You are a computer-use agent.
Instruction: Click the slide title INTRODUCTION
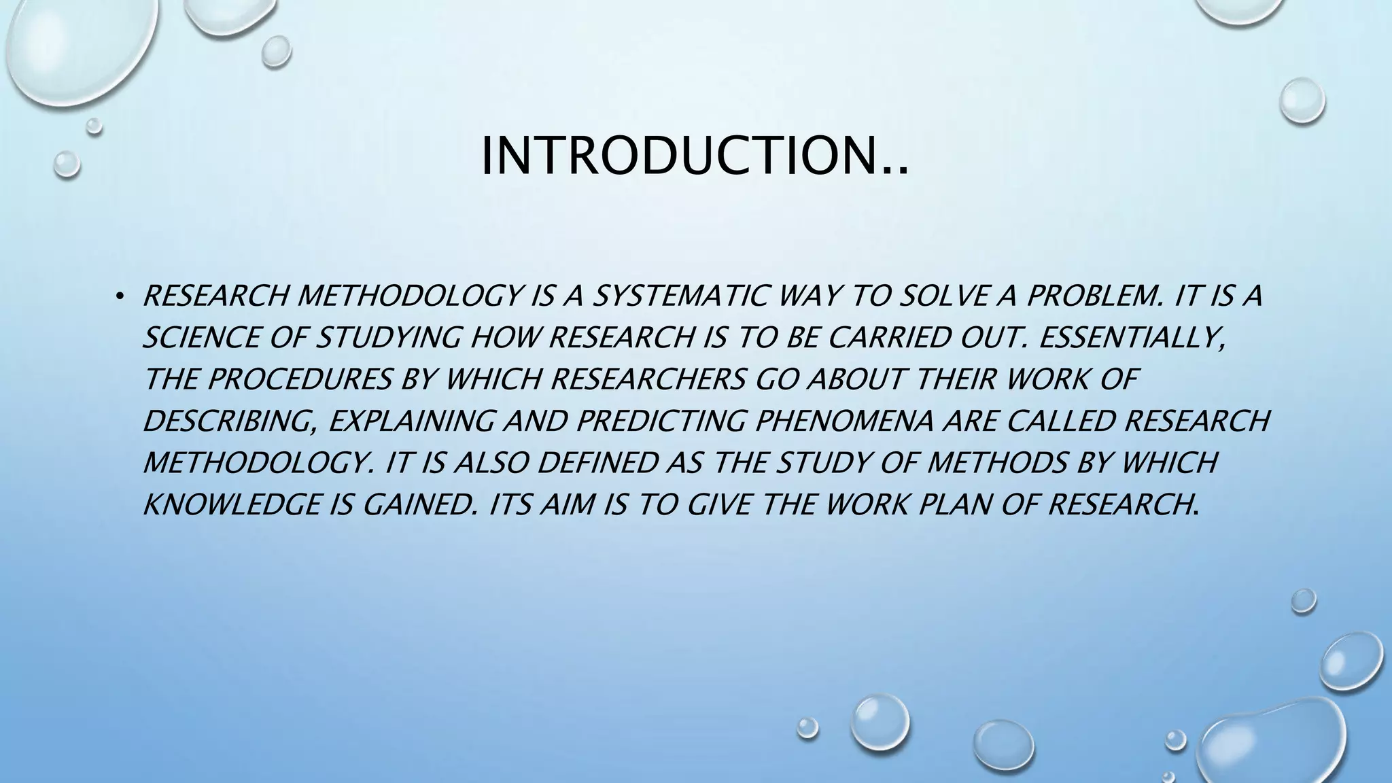[x=693, y=157]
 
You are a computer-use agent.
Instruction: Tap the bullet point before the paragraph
[x=120, y=296]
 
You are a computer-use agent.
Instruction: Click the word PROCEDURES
[x=299, y=379]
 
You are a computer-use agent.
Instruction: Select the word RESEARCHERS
[x=648, y=379]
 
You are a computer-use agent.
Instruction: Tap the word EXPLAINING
[x=411, y=421]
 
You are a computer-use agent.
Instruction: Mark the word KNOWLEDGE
[x=230, y=505]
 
